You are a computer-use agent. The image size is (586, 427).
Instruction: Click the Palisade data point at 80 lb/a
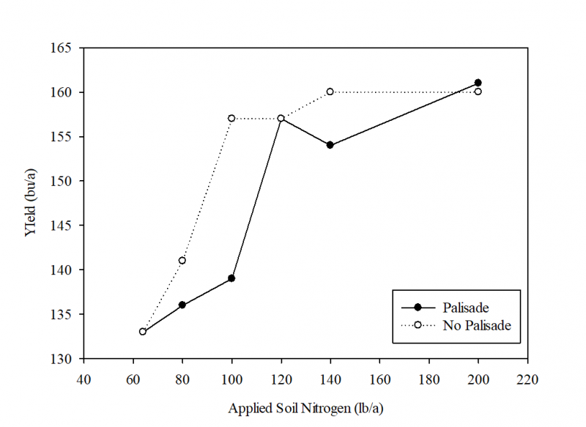click(182, 305)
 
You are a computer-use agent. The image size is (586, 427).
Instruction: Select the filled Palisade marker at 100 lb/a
click(231, 278)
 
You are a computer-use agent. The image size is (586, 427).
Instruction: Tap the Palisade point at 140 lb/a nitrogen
click(330, 145)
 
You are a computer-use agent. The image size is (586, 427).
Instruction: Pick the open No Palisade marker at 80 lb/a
click(182, 261)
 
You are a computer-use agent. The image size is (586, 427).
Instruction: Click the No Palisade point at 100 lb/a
click(231, 118)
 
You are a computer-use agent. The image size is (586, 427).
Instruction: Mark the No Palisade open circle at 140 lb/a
click(330, 92)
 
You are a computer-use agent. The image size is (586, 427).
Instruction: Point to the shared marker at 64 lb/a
click(143, 332)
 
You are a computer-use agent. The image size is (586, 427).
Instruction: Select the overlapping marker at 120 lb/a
click(281, 118)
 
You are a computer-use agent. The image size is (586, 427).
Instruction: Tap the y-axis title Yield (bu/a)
click(30, 203)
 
